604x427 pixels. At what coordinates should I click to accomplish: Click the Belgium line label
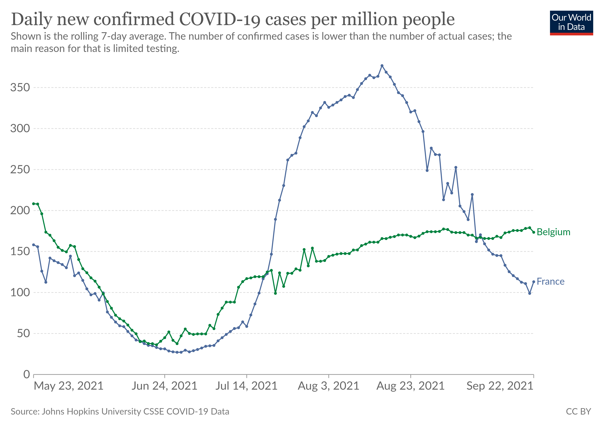click(553, 232)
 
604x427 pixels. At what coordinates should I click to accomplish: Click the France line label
click(550, 282)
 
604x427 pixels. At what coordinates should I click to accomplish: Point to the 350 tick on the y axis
click(20, 88)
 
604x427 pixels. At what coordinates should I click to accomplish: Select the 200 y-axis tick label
click(20, 210)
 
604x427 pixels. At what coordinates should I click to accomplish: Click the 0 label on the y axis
click(27, 374)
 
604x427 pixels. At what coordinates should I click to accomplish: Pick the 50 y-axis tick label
click(23, 333)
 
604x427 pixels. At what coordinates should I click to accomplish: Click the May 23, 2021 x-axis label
click(69, 386)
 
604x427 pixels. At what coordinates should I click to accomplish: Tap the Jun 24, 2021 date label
click(165, 386)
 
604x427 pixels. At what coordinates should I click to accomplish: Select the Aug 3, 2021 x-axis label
click(329, 386)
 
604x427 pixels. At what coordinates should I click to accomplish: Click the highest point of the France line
click(382, 66)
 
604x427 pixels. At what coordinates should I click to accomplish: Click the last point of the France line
click(533, 282)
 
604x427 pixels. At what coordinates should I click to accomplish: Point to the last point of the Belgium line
click(533, 232)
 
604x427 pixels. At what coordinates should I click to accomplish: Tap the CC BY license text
click(578, 412)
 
